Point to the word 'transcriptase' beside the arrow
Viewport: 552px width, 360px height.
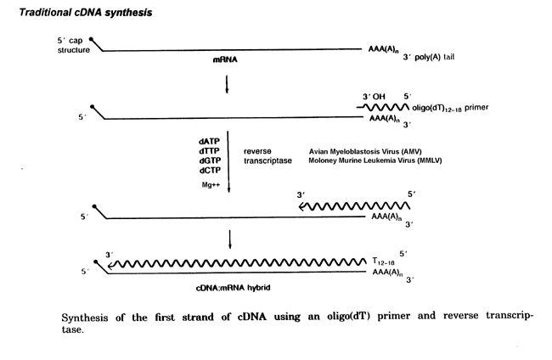pos(268,160)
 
